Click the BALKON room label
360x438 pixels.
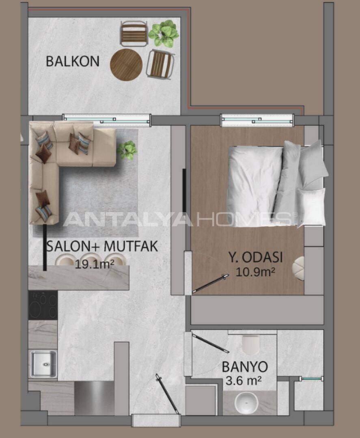coord(72,61)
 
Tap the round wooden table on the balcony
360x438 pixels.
coord(126,65)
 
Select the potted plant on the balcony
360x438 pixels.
coord(164,34)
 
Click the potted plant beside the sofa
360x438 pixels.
coord(127,150)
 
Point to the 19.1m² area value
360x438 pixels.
coord(94,264)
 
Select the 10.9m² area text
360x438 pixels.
coord(255,273)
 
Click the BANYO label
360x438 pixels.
coord(245,367)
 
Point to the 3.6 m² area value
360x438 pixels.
coord(242,381)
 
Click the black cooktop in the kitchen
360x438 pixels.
coord(43,305)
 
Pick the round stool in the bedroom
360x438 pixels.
coord(300,268)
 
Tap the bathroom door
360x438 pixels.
coord(210,343)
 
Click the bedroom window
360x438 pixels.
coord(257,120)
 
